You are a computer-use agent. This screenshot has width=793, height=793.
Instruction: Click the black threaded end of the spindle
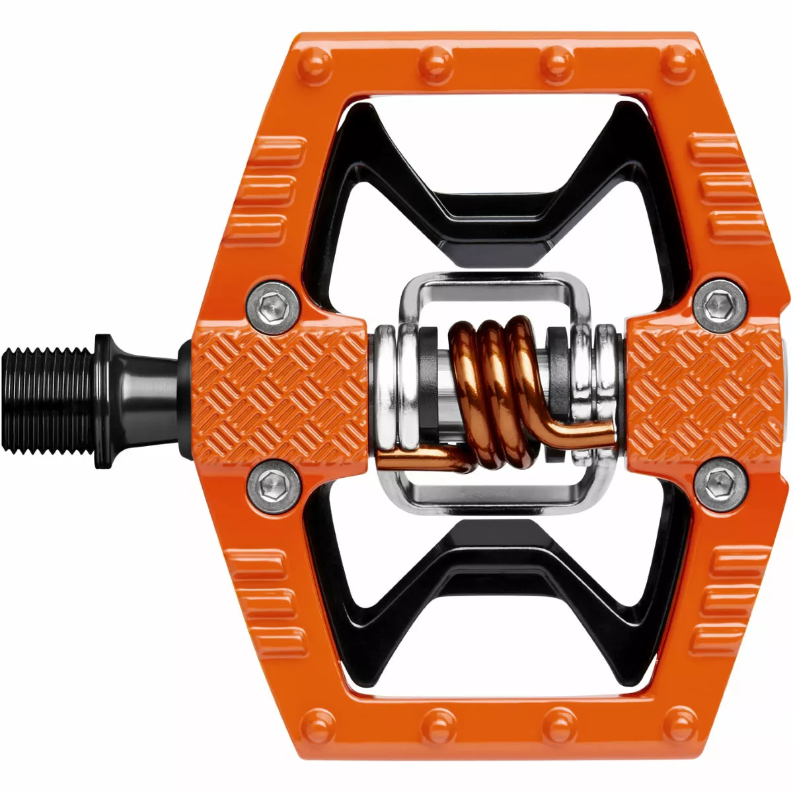(50, 398)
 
